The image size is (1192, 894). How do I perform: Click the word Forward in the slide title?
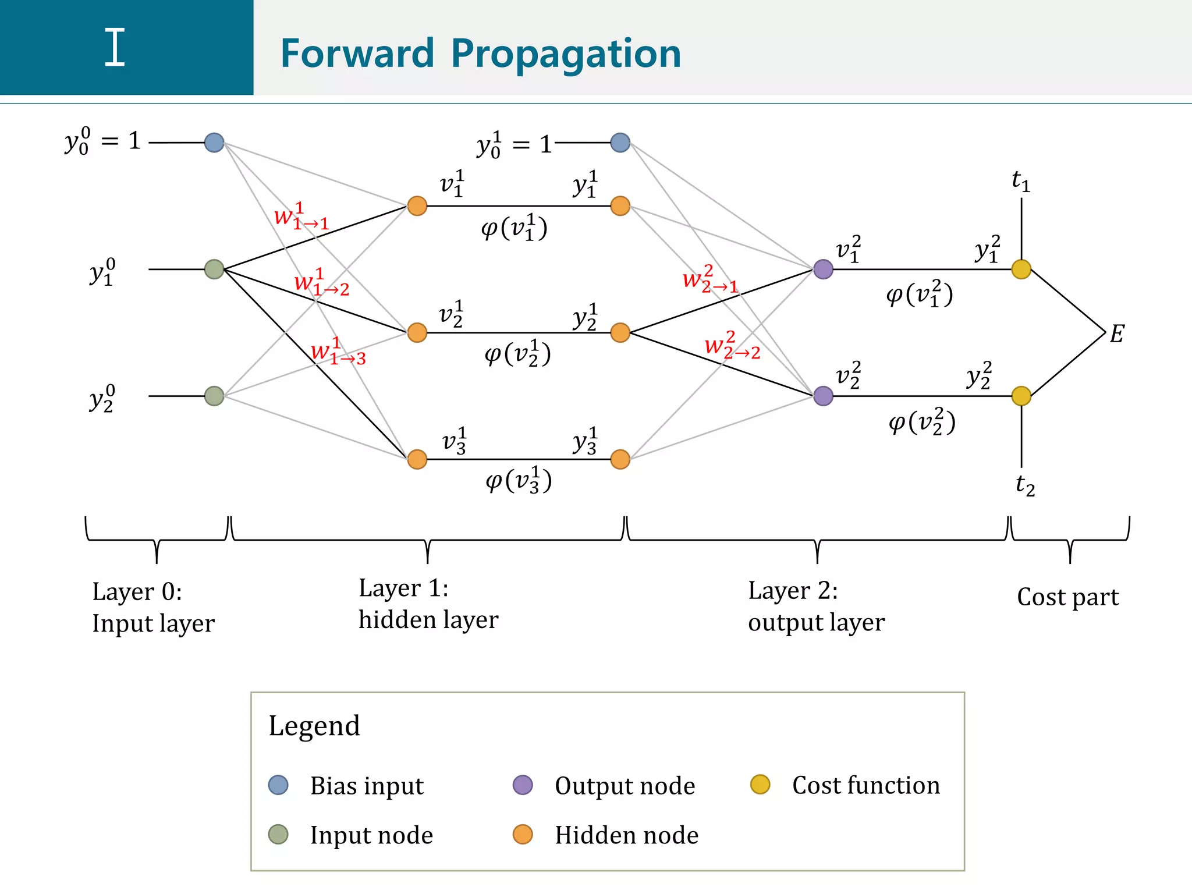click(357, 54)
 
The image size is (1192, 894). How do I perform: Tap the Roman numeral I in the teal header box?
click(115, 48)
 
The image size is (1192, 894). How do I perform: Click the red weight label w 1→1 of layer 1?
click(301, 217)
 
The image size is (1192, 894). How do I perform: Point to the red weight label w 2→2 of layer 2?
click(732, 346)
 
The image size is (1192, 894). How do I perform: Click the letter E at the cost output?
click(1116, 334)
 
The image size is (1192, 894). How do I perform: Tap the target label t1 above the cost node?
click(1021, 182)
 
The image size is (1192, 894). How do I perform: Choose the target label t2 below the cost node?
click(1025, 484)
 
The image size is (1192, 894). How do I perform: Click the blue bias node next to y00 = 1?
click(214, 143)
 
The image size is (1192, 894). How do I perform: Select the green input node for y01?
click(214, 269)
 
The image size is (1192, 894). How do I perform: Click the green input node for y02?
click(214, 396)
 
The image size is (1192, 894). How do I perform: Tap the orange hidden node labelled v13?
click(417, 459)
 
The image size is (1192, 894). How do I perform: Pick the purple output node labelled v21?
click(823, 269)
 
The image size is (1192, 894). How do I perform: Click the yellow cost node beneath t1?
click(1021, 269)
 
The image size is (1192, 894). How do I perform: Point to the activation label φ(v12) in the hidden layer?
click(517, 354)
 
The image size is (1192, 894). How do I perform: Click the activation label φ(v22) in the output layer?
click(921, 422)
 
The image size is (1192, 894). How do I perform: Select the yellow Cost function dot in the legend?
click(760, 785)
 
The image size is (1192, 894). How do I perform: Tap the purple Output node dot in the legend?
click(523, 785)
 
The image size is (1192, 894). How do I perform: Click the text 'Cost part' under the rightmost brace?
click(1067, 597)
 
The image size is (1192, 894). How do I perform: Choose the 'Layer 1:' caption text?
click(403, 588)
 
